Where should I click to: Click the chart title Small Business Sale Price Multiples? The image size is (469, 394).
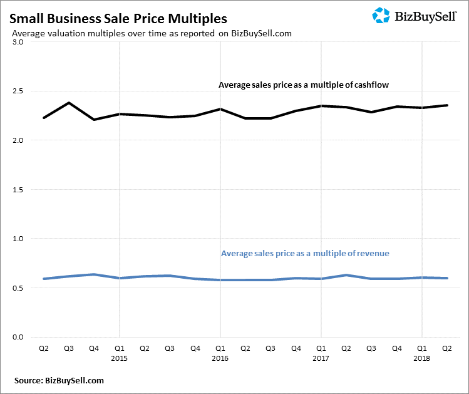[x=118, y=19]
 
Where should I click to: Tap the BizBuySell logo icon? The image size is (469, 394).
[x=381, y=15]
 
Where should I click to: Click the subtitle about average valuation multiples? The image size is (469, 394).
[x=152, y=33]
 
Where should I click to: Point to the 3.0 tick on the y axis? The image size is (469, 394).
[x=17, y=43]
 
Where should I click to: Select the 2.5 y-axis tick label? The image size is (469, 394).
[x=17, y=91]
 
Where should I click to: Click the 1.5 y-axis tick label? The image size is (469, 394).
[x=17, y=190]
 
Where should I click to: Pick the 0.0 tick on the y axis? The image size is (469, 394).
[x=17, y=338]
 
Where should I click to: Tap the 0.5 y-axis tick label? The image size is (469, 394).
[x=17, y=288]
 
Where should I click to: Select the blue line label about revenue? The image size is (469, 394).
[x=305, y=254]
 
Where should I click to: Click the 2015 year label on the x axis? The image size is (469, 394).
[x=119, y=358]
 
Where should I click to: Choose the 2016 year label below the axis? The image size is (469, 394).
[x=220, y=358]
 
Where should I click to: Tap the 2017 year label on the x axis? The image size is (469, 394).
[x=321, y=358]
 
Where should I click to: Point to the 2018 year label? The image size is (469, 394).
[x=422, y=358]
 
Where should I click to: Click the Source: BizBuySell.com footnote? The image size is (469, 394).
[x=59, y=380]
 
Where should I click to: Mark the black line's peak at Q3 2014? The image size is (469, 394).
[x=68, y=103]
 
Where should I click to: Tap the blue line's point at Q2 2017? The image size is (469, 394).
[x=346, y=275]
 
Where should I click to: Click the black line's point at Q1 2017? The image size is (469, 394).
[x=321, y=106]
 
